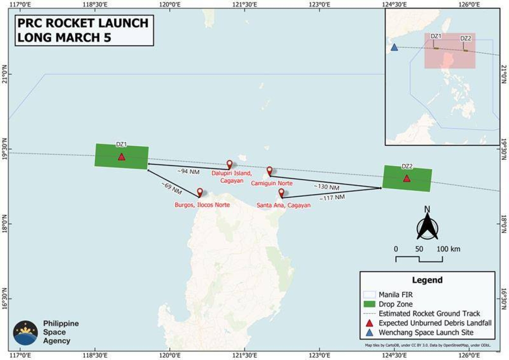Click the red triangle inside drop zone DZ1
(121, 157)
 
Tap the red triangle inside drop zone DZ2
(407, 179)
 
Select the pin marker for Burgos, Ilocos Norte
(200, 193)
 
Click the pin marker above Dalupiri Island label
(229, 165)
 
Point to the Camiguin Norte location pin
(269, 171)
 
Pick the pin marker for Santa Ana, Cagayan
(281, 193)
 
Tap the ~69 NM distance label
(171, 189)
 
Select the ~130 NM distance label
(327, 187)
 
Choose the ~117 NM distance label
(332, 197)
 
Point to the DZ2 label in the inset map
(466, 39)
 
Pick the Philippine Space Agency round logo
(25, 332)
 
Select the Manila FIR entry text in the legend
(396, 294)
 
